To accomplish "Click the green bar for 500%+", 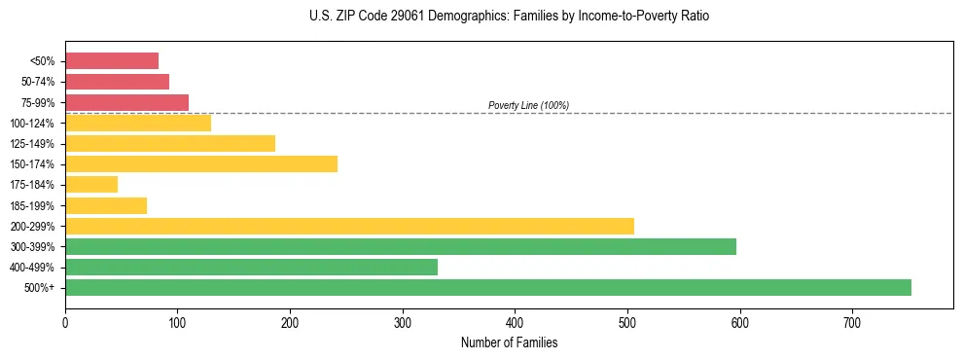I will click(487, 287).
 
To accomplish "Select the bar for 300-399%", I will click(400, 246).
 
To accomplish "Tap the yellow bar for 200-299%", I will click(349, 226).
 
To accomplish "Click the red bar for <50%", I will click(112, 61).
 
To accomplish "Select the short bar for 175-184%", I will click(91, 184).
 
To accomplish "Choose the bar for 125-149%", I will click(170, 143).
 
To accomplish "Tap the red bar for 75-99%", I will click(126, 102).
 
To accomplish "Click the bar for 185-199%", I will click(106, 205).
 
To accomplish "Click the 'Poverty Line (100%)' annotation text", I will click(528, 105).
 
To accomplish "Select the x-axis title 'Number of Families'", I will click(509, 342).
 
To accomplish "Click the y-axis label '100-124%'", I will click(33, 124).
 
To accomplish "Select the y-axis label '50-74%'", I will click(39, 82).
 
